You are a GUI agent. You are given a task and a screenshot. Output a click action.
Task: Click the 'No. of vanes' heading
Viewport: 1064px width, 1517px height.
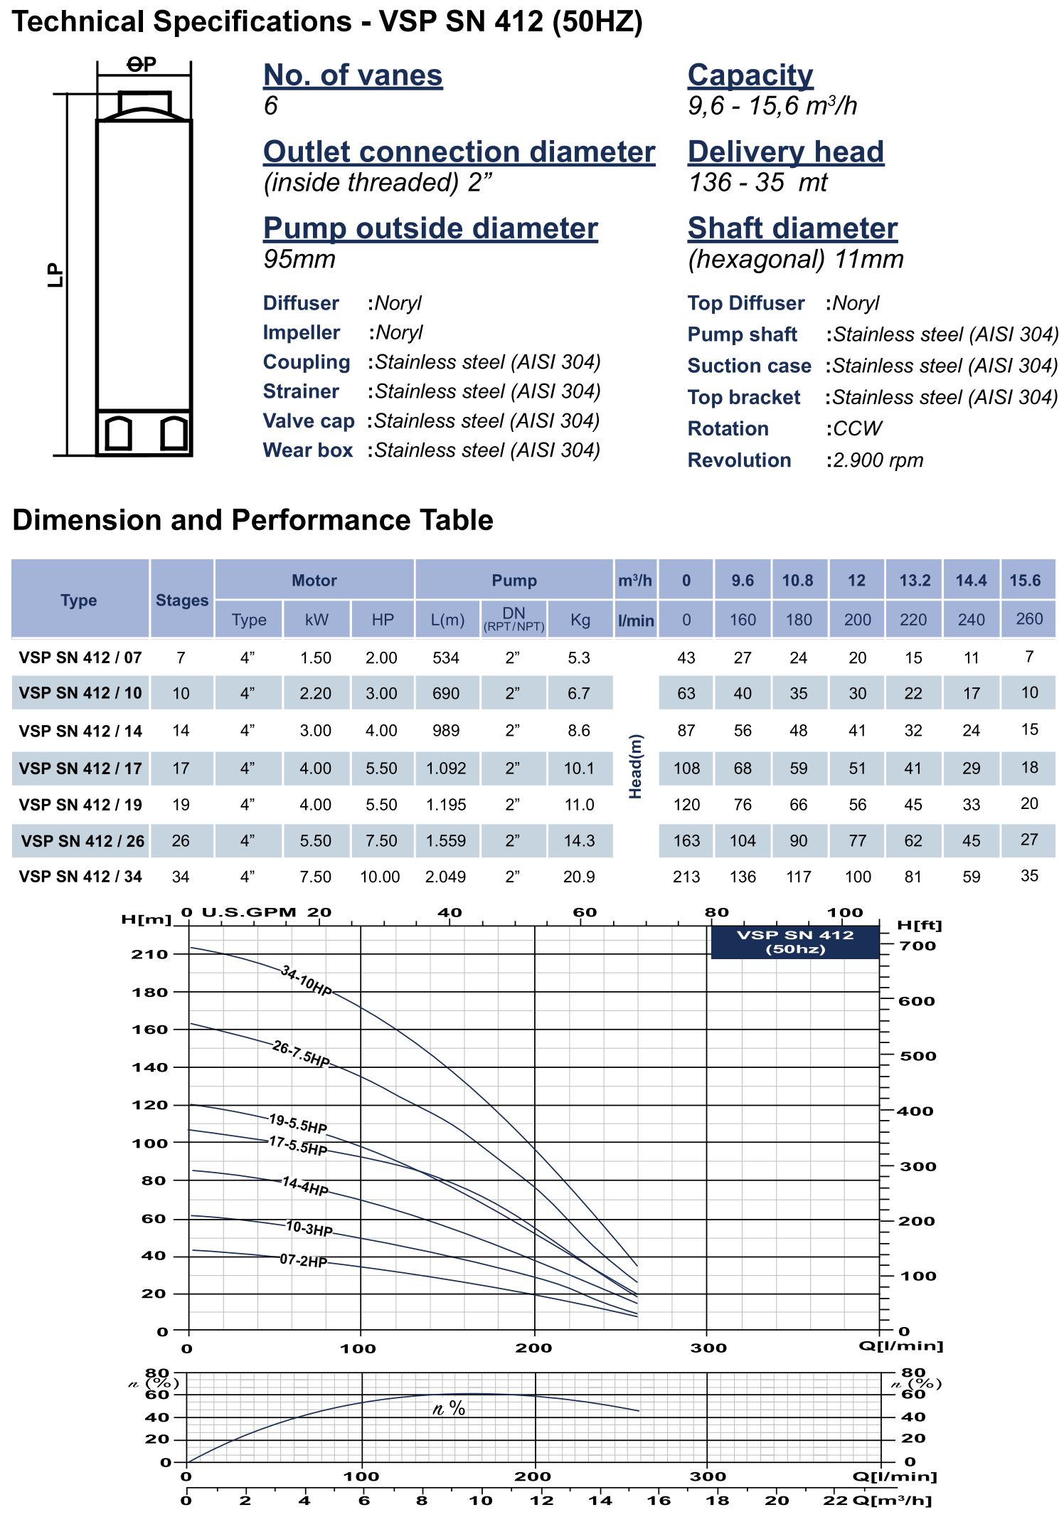[x=353, y=75]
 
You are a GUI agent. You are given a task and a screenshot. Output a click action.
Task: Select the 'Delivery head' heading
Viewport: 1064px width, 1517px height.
[x=785, y=152]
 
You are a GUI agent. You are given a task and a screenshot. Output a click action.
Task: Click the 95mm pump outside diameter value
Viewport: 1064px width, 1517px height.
[x=299, y=260]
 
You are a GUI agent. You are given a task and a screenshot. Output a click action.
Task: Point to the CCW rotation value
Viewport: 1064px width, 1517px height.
[x=857, y=428]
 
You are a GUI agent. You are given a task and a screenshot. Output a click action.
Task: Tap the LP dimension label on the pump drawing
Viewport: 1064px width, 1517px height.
[x=55, y=275]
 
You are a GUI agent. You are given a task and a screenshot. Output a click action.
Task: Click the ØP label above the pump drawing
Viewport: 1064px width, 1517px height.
[x=142, y=65]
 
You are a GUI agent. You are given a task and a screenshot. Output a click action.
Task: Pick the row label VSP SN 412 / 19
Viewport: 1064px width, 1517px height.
[x=80, y=805]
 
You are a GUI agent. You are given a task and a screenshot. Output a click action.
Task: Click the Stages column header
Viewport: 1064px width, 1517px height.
[x=182, y=600]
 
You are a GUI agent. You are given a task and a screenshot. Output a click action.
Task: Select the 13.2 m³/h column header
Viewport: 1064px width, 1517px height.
[x=915, y=581]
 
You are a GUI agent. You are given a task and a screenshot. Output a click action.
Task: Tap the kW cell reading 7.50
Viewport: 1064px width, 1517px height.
[x=316, y=877]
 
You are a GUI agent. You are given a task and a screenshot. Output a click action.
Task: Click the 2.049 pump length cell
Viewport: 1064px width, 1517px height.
[x=446, y=877]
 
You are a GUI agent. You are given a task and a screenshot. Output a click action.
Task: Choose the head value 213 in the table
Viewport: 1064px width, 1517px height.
[x=686, y=877]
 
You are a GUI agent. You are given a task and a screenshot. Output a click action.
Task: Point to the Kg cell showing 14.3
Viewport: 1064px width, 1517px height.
[x=579, y=840]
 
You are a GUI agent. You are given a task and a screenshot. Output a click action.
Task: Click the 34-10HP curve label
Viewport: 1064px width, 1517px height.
[x=306, y=981]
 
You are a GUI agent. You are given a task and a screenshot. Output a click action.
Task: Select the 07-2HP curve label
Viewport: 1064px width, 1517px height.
[x=303, y=1261]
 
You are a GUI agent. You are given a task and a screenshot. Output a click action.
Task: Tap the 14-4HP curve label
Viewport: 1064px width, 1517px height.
[x=305, y=1186]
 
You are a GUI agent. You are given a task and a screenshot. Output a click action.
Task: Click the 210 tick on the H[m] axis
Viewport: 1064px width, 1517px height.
[x=149, y=954]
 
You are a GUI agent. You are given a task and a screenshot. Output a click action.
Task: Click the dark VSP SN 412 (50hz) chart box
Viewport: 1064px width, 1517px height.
[x=795, y=942]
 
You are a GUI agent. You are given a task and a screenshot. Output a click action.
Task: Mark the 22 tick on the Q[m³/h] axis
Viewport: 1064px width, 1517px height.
[x=836, y=1501]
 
